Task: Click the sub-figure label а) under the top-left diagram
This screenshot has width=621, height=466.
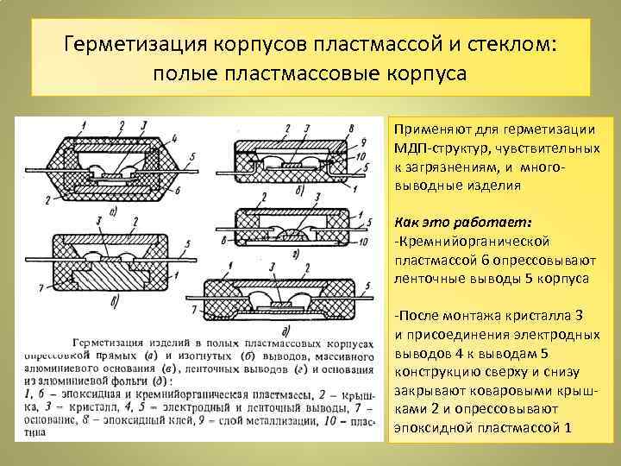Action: point(114,208)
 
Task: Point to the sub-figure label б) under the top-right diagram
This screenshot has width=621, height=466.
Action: point(299,189)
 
